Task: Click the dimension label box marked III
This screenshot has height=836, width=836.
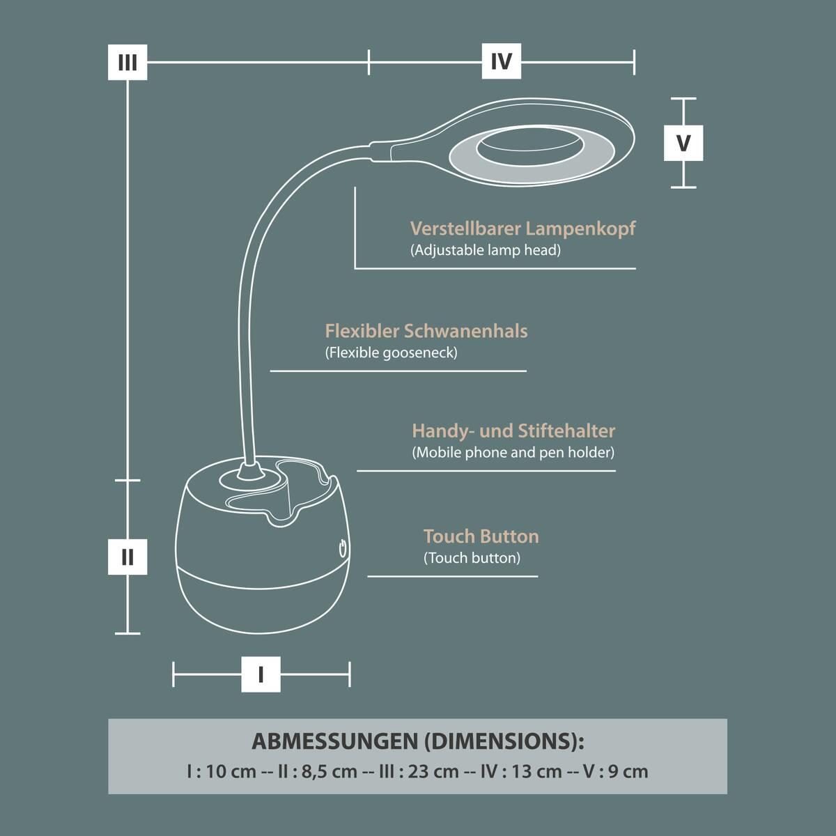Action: point(127,63)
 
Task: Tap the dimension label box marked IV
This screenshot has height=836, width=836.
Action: point(502,61)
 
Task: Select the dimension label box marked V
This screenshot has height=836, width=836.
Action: point(683,144)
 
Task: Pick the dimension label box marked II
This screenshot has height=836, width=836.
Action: point(127,557)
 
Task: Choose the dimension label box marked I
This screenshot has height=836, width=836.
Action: point(261,674)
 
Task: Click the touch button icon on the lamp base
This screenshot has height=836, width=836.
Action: point(343,548)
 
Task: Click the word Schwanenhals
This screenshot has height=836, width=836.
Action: point(466,331)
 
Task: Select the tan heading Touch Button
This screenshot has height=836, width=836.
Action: point(481,536)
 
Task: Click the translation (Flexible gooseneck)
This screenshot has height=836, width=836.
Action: point(392,353)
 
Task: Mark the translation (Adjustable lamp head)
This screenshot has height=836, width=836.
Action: point(486,250)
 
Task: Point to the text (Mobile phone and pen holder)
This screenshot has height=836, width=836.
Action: point(513,453)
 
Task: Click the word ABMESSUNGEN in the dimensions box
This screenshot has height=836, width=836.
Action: point(335,741)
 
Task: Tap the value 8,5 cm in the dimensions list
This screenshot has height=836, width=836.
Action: point(330,772)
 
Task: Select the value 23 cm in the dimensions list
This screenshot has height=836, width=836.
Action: point(433,772)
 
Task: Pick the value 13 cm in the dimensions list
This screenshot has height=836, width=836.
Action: point(536,772)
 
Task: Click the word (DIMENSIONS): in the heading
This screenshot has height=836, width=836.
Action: point(504,741)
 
